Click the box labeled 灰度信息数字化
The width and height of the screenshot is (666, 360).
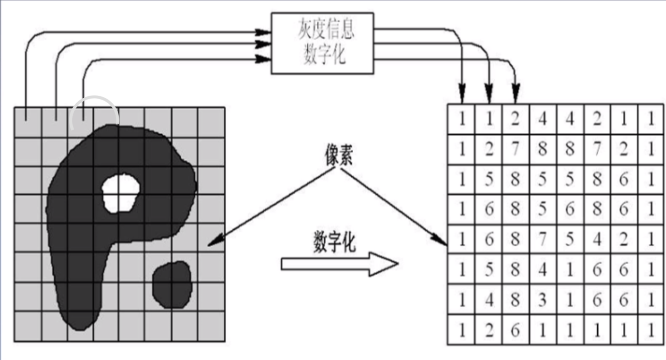pyautogui.click(x=322, y=43)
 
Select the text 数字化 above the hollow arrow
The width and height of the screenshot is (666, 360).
pyautogui.click(x=334, y=242)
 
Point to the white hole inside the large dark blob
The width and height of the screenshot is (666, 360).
pyautogui.click(x=121, y=193)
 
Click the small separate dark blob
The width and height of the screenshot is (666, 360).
pyautogui.click(x=172, y=285)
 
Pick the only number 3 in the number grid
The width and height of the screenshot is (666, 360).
pyautogui.click(x=542, y=300)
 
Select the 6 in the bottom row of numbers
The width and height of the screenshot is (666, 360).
pyautogui.click(x=515, y=330)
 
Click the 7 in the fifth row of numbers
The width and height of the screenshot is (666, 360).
pyautogui.click(x=542, y=239)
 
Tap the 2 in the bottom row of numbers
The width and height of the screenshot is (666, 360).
pyautogui.click(x=489, y=330)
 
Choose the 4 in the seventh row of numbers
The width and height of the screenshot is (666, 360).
pyautogui.click(x=489, y=300)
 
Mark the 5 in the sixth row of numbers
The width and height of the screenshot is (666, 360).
pyautogui.click(x=489, y=269)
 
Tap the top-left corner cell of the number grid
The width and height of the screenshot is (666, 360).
pyautogui.click(x=462, y=118)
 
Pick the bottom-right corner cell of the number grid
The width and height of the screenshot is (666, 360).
pyautogui.click(x=651, y=330)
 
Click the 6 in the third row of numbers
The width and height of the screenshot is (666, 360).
pyautogui.click(x=624, y=179)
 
